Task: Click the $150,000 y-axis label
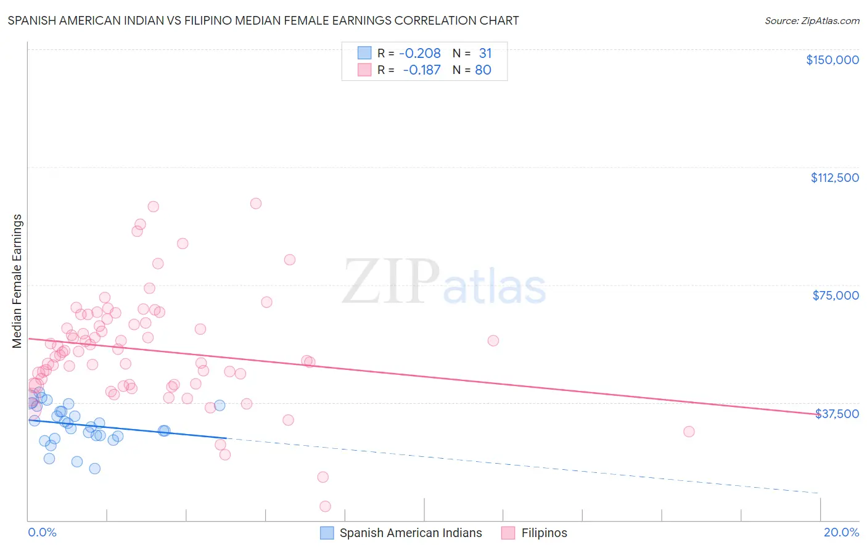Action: (832, 60)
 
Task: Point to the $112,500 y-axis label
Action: (834, 178)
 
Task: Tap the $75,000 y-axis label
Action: (836, 295)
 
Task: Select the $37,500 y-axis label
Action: (837, 414)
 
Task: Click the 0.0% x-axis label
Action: (42, 533)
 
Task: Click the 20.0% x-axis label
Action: (841, 533)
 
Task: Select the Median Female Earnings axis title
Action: (17, 281)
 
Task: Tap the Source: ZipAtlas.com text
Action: (812, 21)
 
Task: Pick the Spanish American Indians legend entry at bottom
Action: (410, 533)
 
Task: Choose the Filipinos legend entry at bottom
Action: (544, 533)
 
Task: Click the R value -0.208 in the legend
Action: (419, 54)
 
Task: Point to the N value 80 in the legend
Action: (483, 70)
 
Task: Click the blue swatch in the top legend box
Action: (364, 53)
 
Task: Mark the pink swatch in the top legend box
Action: (364, 70)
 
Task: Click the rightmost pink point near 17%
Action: (689, 432)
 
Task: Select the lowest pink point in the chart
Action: (325, 506)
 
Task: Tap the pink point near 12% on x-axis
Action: (493, 341)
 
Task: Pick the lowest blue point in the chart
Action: (94, 469)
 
